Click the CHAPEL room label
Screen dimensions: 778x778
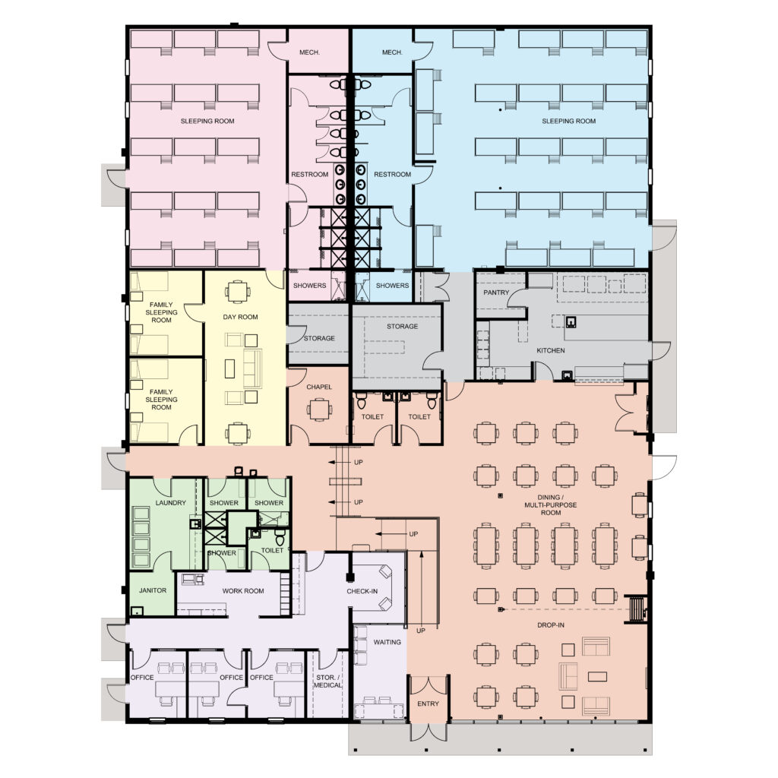(319, 387)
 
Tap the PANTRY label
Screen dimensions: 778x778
(496, 293)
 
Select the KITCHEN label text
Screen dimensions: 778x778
(551, 351)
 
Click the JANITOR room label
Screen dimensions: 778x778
(152, 590)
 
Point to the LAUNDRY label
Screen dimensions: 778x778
(170, 503)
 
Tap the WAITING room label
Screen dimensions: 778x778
(387, 642)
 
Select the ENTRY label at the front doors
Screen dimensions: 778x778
(428, 704)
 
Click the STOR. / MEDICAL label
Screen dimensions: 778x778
(327, 681)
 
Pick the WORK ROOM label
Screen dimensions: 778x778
(242, 590)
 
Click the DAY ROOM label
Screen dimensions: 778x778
(239, 318)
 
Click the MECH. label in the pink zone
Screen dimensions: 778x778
(309, 52)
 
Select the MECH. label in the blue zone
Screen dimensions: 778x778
(392, 52)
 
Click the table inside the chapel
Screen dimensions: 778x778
(319, 410)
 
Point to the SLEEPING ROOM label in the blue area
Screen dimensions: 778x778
(568, 121)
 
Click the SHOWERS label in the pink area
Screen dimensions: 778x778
(309, 286)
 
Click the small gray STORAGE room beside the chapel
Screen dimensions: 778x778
(319, 338)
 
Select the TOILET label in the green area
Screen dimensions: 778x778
(272, 550)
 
